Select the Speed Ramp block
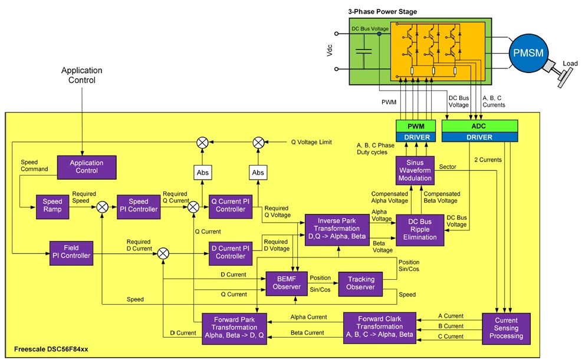click(x=52, y=206)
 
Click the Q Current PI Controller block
click(x=230, y=206)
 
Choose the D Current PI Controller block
click(x=230, y=252)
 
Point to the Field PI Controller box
click(x=70, y=252)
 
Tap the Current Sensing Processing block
click(x=506, y=328)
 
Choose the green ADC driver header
click(x=479, y=126)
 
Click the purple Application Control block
click(x=86, y=167)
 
